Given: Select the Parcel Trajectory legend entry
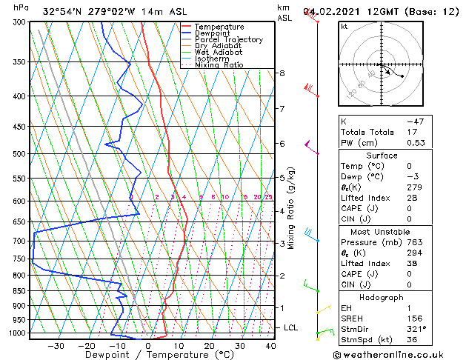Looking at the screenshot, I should pyautogui.click(x=228, y=40).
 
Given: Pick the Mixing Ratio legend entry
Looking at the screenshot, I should pyautogui.click(x=219, y=65).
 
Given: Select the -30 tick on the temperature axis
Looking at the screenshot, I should pyautogui.click(x=56, y=346).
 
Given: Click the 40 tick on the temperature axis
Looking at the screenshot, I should pyautogui.click(x=270, y=346).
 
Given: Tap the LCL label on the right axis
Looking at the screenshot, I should pyautogui.click(x=291, y=327).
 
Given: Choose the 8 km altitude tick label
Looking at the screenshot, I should pyautogui.click(x=282, y=73).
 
